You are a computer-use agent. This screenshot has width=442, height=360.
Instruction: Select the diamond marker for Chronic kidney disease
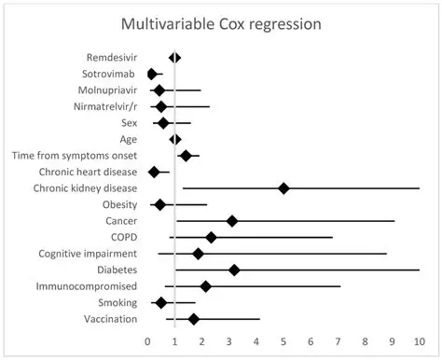tap(283, 188)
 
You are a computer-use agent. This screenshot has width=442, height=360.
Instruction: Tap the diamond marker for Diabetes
tap(234, 270)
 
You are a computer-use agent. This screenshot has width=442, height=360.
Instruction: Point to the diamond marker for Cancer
tap(232, 221)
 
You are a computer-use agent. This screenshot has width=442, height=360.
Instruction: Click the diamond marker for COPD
tap(211, 237)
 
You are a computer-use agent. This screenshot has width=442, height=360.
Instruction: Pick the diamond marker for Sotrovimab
tap(152, 74)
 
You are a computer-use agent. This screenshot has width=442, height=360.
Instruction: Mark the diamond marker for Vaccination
tap(194, 319)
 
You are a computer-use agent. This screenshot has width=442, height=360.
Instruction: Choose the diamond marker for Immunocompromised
tap(206, 286)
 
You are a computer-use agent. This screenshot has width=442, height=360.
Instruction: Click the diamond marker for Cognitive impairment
tap(198, 254)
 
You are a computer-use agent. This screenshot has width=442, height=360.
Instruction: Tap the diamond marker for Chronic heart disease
tap(154, 172)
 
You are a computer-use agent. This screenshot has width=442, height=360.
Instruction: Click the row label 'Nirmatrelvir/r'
tap(105, 106)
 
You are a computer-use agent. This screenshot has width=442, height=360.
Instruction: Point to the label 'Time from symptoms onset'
tap(75, 156)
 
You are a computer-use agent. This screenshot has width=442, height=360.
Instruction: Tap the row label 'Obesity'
tap(118, 204)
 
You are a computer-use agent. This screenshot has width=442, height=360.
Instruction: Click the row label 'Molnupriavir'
tap(106, 90)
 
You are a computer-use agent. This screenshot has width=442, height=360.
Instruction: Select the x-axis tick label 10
tap(419, 341)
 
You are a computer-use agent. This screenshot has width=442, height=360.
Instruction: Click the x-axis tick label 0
tap(147, 341)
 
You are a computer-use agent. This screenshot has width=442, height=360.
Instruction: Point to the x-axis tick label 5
tap(283, 341)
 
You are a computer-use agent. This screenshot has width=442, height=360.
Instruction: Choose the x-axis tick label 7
tap(338, 341)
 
